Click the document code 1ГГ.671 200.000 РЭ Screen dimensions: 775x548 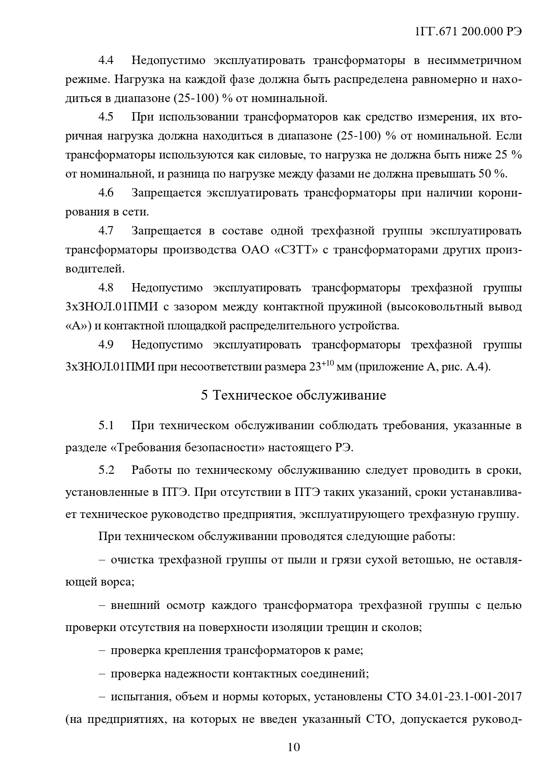click(469, 32)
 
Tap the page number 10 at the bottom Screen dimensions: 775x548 click(294, 747)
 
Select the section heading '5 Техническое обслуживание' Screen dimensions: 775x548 click(293, 395)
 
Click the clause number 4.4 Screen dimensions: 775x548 click(106, 60)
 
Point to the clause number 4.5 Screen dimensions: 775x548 click(106, 117)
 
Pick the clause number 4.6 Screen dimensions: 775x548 click(106, 193)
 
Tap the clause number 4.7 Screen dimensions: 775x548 click(106, 231)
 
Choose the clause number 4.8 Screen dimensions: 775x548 click(106, 288)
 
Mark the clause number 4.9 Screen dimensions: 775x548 click(106, 345)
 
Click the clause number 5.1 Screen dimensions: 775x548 click(106, 426)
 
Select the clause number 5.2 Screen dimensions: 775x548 click(106, 470)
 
